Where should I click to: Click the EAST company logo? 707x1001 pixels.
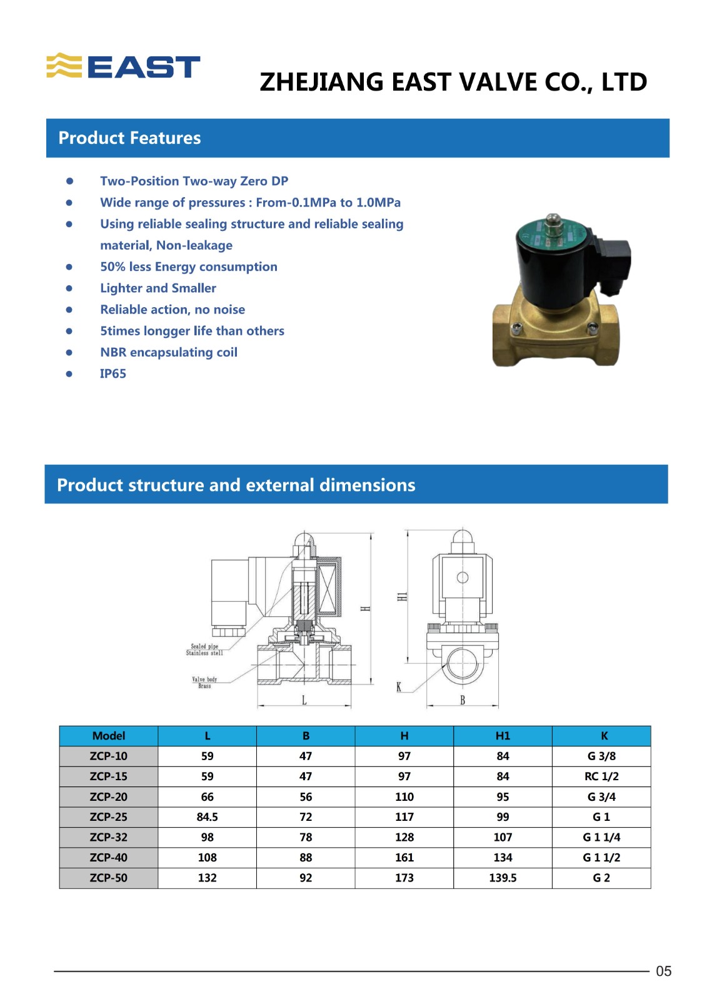click(124, 66)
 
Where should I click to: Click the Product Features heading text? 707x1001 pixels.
click(129, 138)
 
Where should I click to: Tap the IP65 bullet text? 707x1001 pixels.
click(113, 373)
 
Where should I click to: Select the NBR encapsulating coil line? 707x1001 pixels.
click(169, 352)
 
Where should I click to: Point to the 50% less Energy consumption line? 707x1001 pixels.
click(189, 267)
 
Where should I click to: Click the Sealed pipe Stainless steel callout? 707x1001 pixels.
click(204, 649)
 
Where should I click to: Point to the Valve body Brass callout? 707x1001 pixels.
click(204, 683)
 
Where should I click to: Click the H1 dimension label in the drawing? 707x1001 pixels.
click(403, 596)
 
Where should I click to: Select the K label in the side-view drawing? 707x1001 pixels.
click(399, 688)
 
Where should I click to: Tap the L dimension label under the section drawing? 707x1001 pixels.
click(304, 700)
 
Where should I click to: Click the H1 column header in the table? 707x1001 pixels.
click(503, 736)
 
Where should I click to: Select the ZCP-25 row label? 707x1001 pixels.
click(109, 816)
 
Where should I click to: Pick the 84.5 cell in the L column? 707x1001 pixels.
click(207, 816)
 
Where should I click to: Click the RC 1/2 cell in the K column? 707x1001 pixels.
click(601, 776)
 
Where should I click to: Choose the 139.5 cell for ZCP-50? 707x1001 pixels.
click(503, 878)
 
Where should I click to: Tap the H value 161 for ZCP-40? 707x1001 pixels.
click(404, 857)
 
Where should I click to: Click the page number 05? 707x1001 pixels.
click(663, 971)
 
